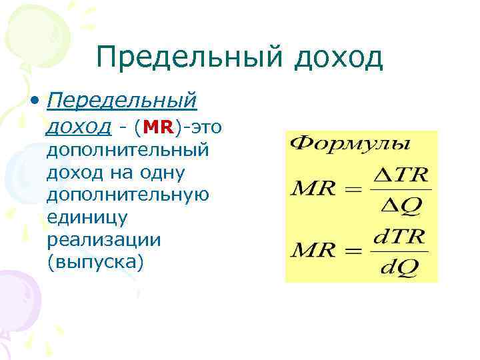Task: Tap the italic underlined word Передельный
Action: point(123,101)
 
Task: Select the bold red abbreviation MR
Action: point(158,127)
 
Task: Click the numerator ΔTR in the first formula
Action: point(400,175)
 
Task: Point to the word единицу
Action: point(79,217)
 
